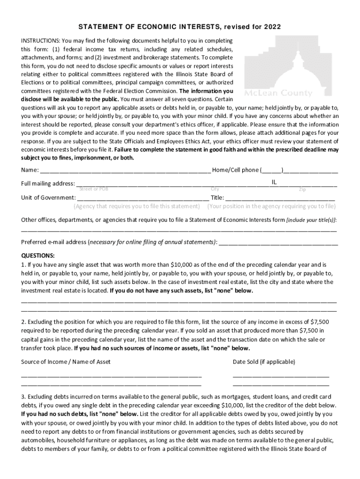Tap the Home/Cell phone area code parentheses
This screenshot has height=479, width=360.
tap(272, 170)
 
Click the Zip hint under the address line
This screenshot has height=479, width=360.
tap(302, 189)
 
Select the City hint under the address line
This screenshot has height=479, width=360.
tap(215, 189)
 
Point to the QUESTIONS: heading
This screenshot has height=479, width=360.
tap(38, 255)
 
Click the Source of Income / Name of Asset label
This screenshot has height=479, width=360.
tap(66, 362)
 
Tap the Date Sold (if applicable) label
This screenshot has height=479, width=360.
tap(264, 362)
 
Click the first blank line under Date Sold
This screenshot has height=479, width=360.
tap(281, 376)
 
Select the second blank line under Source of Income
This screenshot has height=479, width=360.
tap(111, 384)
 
